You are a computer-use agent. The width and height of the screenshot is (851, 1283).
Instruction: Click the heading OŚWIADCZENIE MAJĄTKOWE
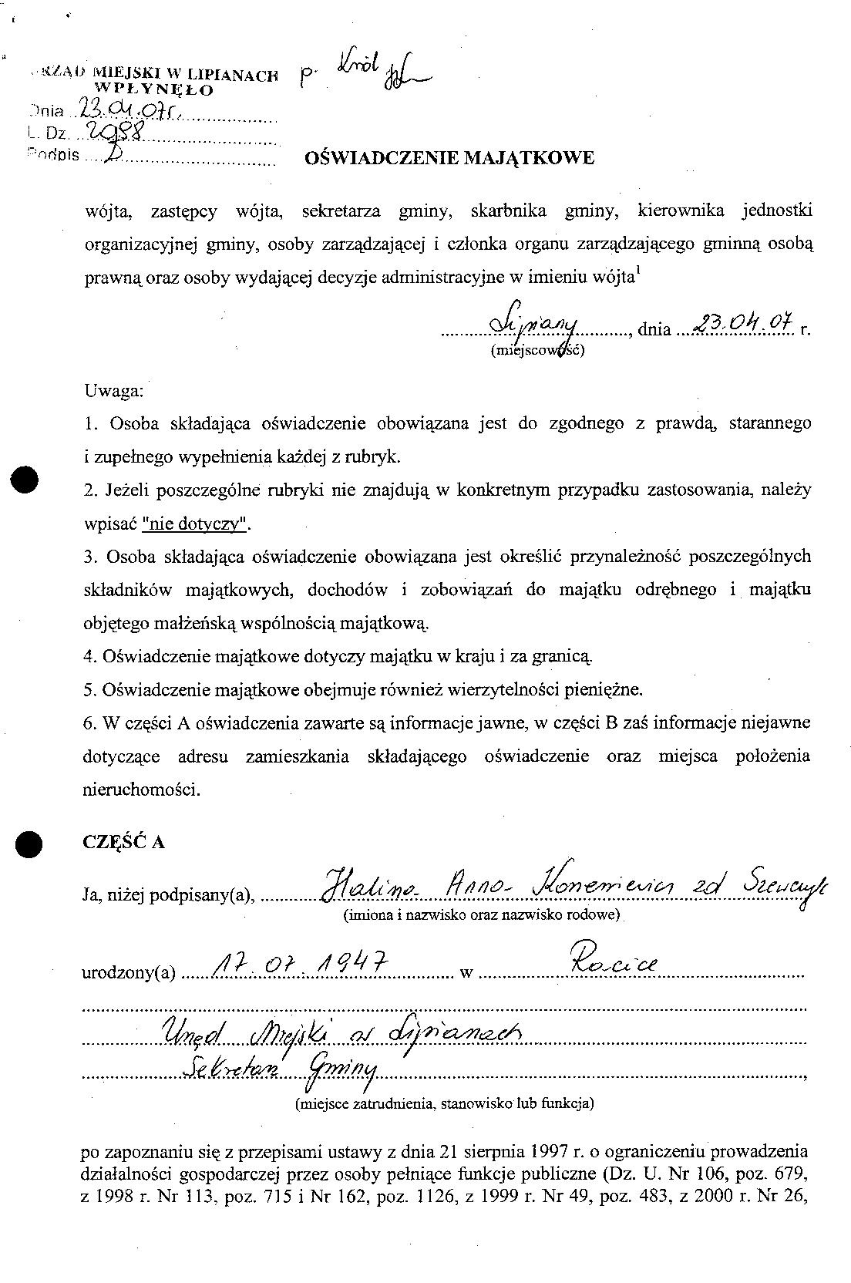tap(450, 159)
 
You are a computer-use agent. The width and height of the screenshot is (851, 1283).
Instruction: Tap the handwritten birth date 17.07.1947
tap(296, 964)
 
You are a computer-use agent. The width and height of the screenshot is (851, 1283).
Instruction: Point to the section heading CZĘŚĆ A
tap(123, 842)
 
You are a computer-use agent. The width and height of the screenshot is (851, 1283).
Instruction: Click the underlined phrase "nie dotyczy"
tap(196, 524)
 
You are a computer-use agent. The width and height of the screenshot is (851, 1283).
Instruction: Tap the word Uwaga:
tap(113, 390)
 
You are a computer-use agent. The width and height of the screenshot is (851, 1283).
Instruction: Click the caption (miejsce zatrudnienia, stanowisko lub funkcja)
tap(444, 1103)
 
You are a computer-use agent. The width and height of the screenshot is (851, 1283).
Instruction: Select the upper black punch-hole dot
tap(28, 480)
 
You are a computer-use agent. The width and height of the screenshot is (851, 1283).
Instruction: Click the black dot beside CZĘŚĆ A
tap(29, 844)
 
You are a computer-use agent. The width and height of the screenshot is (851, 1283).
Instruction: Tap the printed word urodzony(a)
tap(129, 973)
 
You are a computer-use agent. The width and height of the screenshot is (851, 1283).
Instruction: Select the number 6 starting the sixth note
tap(87, 722)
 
